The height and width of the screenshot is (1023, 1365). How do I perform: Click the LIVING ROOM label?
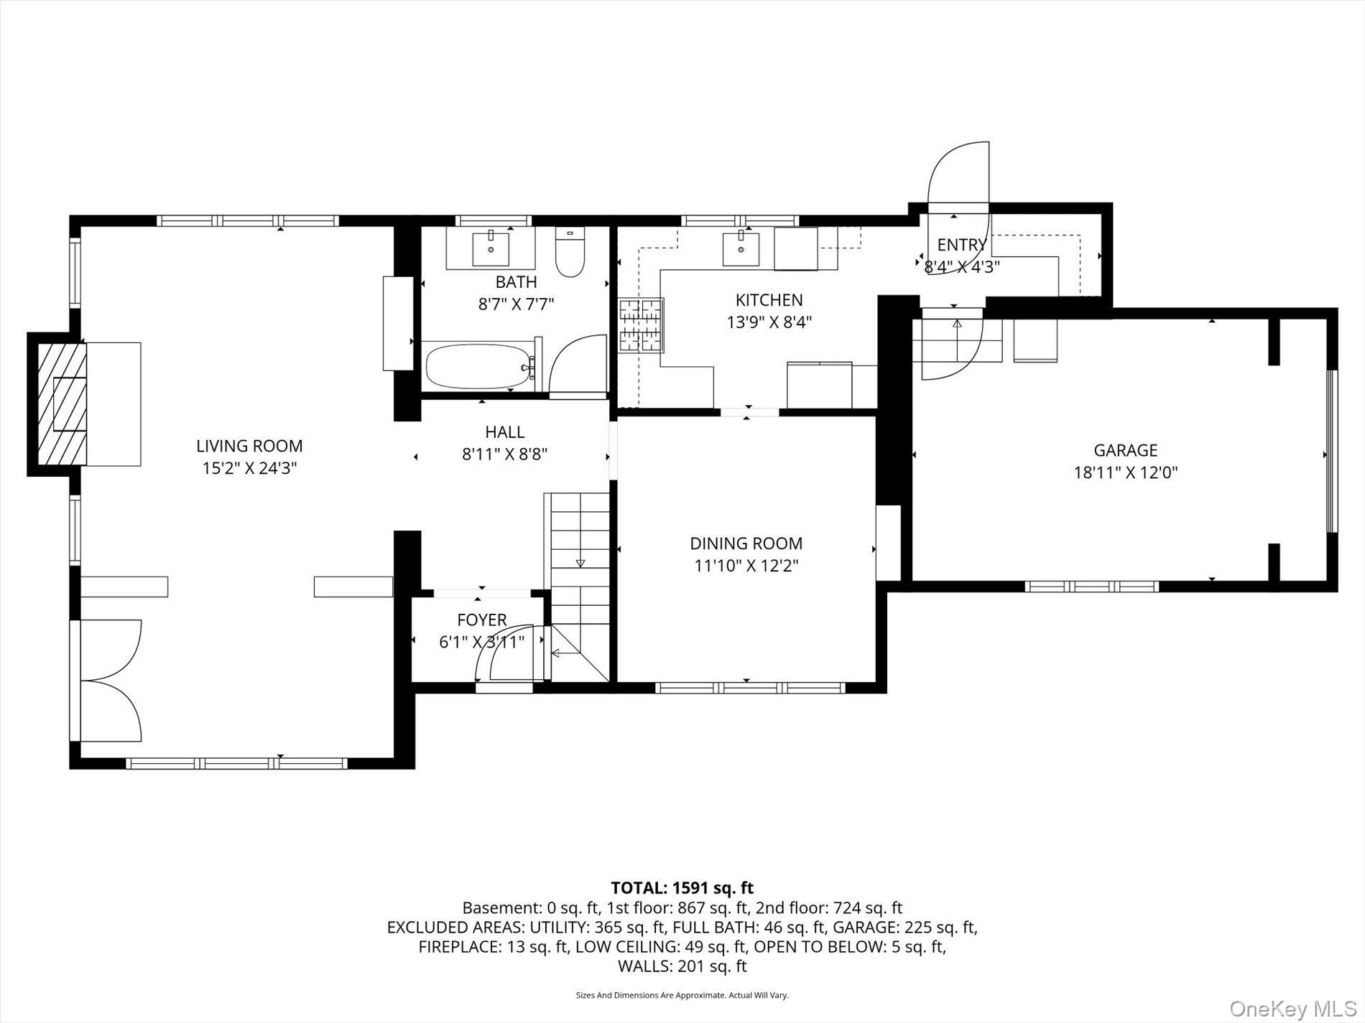point(249,446)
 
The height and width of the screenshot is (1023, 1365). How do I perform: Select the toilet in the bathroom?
point(570,252)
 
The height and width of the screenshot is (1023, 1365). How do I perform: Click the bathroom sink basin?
point(491,248)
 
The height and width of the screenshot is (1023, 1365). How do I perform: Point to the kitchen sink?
point(740,248)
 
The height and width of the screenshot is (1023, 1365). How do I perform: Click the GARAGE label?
point(1125,450)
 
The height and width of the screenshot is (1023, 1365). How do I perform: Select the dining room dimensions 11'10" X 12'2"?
point(746,566)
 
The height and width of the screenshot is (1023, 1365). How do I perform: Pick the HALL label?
point(504,431)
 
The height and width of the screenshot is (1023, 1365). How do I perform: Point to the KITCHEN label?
point(769,299)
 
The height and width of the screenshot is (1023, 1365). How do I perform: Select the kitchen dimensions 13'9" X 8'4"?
point(769,322)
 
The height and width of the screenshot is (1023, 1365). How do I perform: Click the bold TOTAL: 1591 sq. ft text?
point(682,889)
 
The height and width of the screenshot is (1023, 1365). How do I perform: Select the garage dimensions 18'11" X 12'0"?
point(1125,473)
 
